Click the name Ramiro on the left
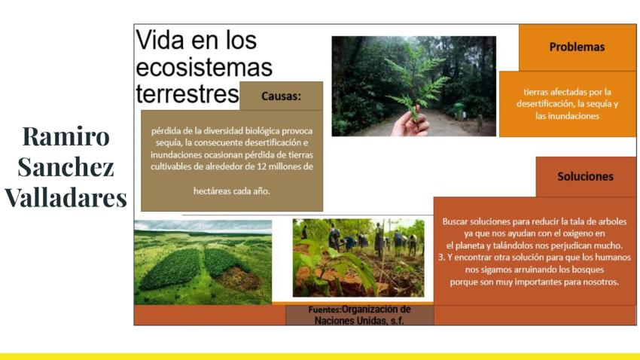pos(66,136)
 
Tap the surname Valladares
pos(66,198)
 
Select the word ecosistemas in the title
pos(204,67)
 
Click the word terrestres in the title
pos(187,94)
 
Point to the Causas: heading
pos(281,96)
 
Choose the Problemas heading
pos(577,47)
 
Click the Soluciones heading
pos(585,176)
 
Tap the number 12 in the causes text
pos(261,166)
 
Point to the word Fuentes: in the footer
pos(325,310)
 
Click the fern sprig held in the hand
pos(416,81)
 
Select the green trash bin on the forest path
pos(459,111)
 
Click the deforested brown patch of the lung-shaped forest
pos(239,279)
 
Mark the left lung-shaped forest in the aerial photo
pos(172,269)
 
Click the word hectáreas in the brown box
pos(212,191)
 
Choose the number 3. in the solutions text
pos(442,258)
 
